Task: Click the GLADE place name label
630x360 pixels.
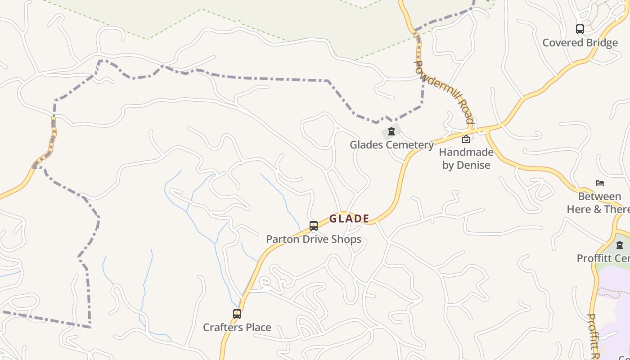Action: pyautogui.click(x=349, y=219)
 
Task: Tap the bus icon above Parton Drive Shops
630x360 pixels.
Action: pyautogui.click(x=314, y=226)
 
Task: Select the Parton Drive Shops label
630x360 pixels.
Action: pyautogui.click(x=314, y=239)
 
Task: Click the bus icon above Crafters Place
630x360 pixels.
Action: pyautogui.click(x=237, y=314)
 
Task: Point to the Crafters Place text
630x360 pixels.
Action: pyautogui.click(x=237, y=327)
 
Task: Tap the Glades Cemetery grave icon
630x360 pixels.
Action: pyautogui.click(x=391, y=132)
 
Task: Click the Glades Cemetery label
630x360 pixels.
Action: pyautogui.click(x=391, y=145)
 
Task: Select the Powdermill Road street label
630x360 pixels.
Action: pyautogui.click(x=444, y=92)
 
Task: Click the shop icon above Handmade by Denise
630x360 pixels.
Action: pyautogui.click(x=466, y=139)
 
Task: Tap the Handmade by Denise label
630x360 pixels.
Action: pyautogui.click(x=466, y=158)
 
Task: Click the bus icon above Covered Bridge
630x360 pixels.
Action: pyautogui.click(x=580, y=30)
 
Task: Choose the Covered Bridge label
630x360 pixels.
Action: pyautogui.click(x=580, y=43)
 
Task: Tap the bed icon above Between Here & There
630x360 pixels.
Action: pyautogui.click(x=600, y=183)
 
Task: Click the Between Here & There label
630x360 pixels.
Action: pyautogui.click(x=599, y=203)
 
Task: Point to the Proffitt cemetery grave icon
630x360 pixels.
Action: pyautogui.click(x=620, y=245)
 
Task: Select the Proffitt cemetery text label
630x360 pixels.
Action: pyautogui.click(x=603, y=258)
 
